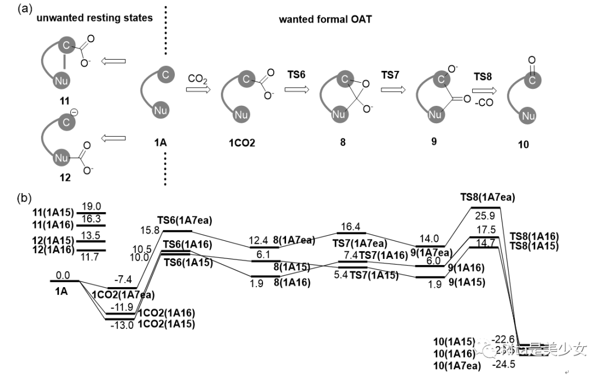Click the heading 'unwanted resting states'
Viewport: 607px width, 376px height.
coord(94,18)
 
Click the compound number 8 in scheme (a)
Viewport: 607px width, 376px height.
coord(342,142)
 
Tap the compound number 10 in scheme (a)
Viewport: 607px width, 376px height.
coord(523,145)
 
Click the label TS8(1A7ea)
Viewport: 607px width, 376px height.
coord(487,197)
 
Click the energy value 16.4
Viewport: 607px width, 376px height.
coord(350,225)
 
